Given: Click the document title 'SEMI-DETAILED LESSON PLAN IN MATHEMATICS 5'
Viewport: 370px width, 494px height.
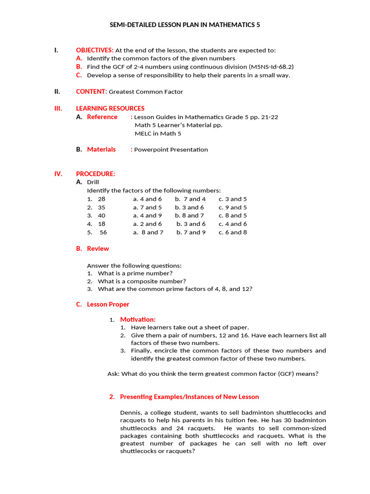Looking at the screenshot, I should point(185,25).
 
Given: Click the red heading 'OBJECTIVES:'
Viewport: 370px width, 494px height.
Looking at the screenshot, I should point(94,50).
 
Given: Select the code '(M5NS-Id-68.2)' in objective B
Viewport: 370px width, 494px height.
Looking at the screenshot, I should point(271,67).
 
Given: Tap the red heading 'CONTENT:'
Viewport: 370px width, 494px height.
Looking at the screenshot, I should point(91,92).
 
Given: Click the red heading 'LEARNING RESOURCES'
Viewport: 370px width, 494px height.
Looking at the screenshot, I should point(110,109).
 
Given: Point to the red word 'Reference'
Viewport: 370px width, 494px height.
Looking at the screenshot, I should point(102,117).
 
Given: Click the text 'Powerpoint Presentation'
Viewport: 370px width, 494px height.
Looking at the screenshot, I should point(171,150).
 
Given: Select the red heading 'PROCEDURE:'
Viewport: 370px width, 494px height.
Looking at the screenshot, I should point(95,174).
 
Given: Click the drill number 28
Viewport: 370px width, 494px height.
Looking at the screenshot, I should point(101,199).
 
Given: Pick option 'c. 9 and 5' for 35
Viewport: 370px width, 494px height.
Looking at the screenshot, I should point(233,207).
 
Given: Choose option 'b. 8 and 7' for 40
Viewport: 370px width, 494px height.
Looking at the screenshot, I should point(189,216).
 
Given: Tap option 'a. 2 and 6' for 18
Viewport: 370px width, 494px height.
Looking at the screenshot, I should point(147,224).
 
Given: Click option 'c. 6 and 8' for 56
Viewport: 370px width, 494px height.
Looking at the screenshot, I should point(233,233).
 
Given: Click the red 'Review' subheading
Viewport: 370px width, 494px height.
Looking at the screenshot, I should point(98,249).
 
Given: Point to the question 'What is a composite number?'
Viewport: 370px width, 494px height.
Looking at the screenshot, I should point(142,281).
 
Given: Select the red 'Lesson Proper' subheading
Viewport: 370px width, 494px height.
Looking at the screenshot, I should point(108,304).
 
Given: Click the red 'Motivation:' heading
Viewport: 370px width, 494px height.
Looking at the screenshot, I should point(138,319).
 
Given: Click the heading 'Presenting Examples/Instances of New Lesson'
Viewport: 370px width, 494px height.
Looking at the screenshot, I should point(189,397).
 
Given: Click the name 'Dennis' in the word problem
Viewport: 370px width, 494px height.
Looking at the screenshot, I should point(130,413).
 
